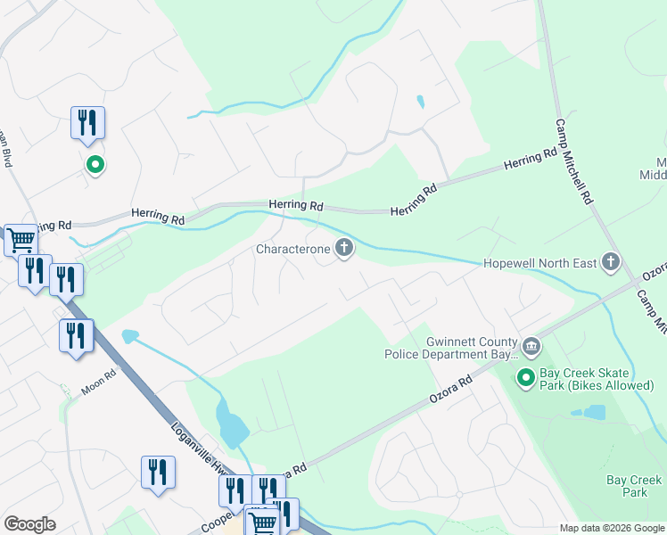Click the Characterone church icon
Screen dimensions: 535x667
[344, 250]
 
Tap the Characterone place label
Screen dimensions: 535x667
[293, 250]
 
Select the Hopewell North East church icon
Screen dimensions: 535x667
[611, 262]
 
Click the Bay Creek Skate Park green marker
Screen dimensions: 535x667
[526, 379]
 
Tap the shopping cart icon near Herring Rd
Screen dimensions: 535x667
[21, 239]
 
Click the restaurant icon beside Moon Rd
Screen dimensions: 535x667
[76, 336]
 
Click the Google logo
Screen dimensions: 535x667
[29, 524]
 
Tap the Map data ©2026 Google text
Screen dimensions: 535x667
[611, 528]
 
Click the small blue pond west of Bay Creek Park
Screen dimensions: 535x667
[589, 413]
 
